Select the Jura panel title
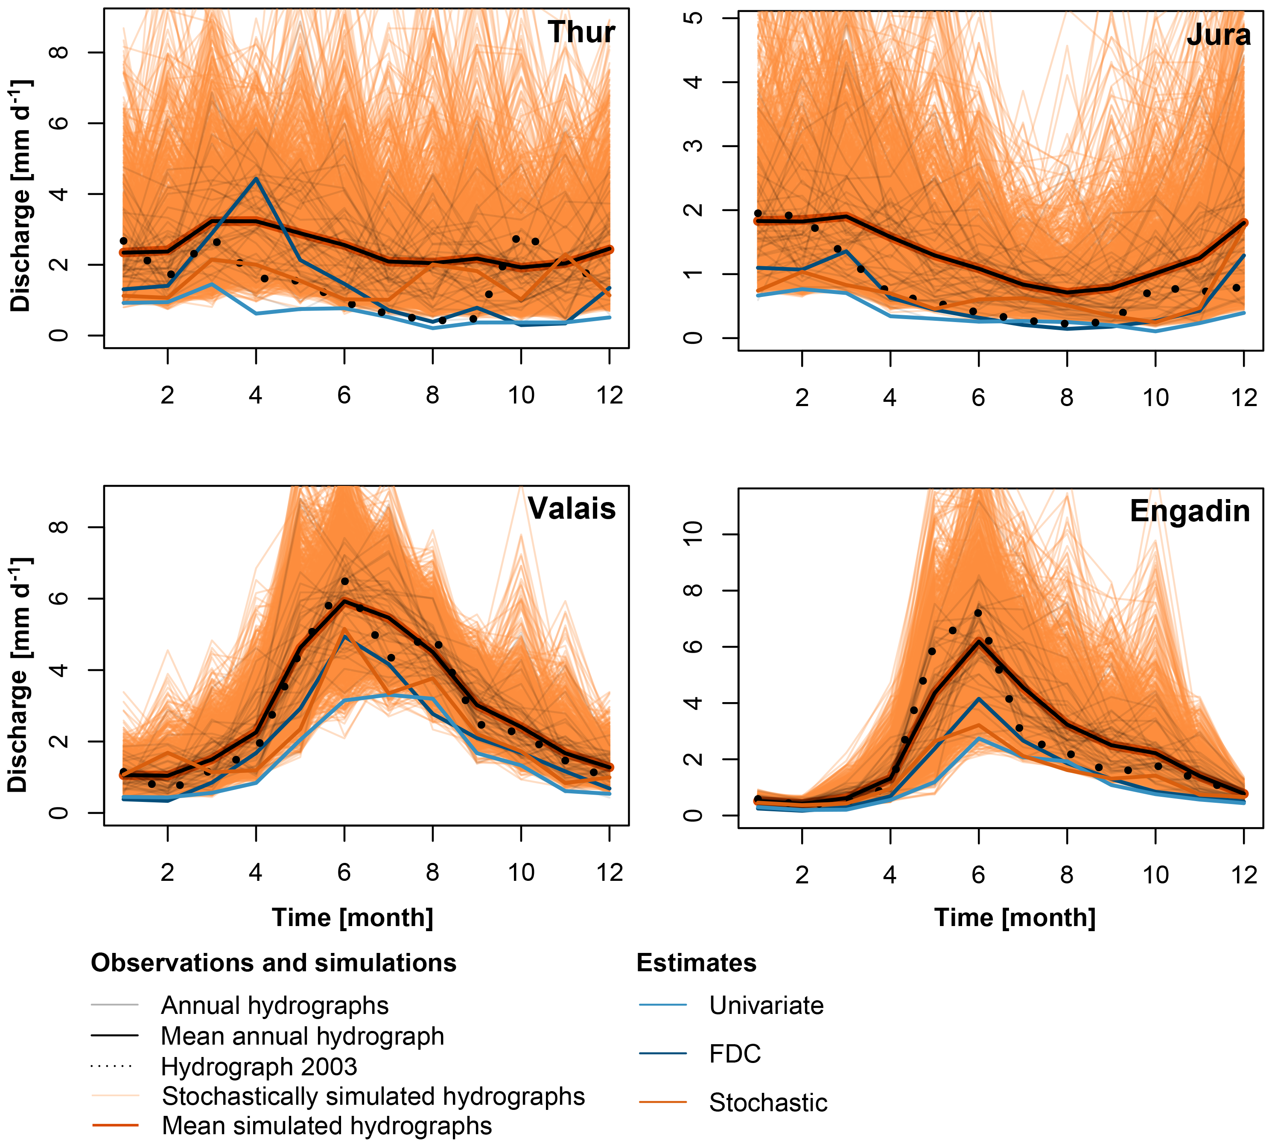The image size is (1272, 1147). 1218,35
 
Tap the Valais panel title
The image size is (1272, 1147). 572,508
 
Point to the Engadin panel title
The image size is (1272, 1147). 1189,511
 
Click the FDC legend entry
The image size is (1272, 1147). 735,1053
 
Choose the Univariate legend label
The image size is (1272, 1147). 766,1005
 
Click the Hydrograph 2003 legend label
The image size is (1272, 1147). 259,1066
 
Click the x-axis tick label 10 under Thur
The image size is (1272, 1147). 521,395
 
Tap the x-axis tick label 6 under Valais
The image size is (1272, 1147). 344,872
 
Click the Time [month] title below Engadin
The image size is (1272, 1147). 1014,918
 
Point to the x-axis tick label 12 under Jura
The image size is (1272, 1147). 1244,398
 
